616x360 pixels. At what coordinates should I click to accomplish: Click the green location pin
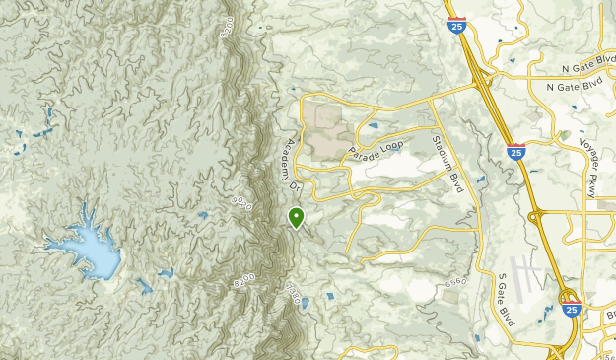click(296, 216)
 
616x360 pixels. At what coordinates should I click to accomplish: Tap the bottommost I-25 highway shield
click(572, 309)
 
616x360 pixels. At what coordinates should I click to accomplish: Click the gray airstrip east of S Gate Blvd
click(526, 271)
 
